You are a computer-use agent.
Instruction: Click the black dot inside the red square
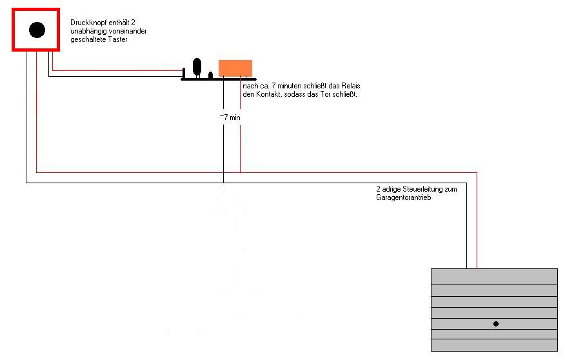pos(37,30)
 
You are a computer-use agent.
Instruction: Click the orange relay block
pos(235,68)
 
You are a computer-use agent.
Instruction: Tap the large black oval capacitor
pos(197,66)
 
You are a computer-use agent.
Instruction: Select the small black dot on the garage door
pos(496,324)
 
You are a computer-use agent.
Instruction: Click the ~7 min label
pos(230,117)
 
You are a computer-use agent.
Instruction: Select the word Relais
pos(351,86)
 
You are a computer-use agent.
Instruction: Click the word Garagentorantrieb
pos(404,197)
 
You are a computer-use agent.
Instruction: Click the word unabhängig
pos(88,32)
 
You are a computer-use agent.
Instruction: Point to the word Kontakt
pos(268,94)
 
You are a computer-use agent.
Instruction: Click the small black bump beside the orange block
pos(210,75)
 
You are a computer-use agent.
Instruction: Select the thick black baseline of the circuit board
pos(219,79)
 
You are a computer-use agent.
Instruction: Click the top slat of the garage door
pos(494,277)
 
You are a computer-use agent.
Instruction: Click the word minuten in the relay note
pos(290,86)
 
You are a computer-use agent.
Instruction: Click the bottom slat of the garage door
pos(494,345)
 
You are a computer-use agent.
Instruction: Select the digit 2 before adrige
pos(379,189)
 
